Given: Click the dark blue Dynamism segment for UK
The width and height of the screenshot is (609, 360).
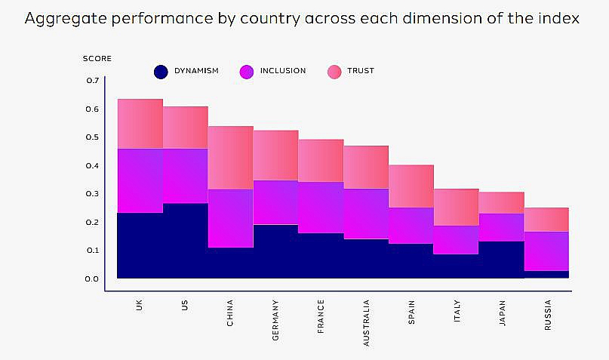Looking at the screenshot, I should (x=140, y=245).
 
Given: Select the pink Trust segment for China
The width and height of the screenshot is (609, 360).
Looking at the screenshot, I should (x=230, y=157).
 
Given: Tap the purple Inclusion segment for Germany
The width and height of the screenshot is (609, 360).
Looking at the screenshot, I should (x=275, y=202).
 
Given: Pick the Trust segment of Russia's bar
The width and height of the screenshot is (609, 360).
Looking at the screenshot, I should (x=546, y=219).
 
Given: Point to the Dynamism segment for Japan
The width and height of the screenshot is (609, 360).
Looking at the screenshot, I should (x=501, y=260).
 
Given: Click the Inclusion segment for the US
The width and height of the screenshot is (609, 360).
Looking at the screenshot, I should (x=185, y=176).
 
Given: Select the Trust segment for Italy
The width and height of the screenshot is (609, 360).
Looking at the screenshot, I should (x=456, y=207).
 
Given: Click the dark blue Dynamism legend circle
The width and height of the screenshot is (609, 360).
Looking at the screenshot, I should (x=160, y=72).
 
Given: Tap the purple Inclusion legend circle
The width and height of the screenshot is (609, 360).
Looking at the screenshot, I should (x=246, y=72).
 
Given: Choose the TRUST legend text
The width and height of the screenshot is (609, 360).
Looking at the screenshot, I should (x=361, y=71).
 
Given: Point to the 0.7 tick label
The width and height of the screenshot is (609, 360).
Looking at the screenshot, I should (x=92, y=80).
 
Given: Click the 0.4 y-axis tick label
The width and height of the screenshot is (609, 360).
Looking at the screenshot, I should (x=92, y=165).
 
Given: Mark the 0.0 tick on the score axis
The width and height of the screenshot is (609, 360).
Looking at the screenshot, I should (x=92, y=278).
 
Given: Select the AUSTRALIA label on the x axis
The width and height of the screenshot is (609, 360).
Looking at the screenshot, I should (x=367, y=322).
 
